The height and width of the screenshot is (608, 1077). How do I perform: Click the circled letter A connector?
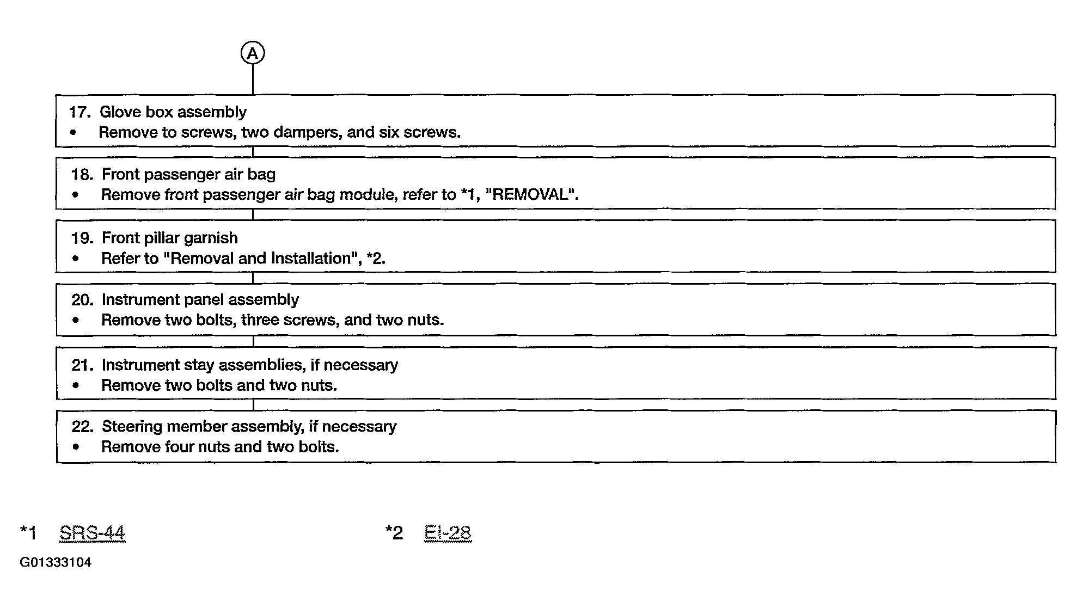click(x=253, y=53)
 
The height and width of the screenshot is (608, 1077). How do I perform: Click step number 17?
click(x=79, y=112)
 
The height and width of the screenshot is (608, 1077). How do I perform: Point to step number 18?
click(x=82, y=175)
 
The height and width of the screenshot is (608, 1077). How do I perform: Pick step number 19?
click(x=82, y=238)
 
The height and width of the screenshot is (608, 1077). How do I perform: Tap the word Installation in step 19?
click(x=311, y=258)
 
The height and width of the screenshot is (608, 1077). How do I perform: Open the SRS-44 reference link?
click(x=92, y=533)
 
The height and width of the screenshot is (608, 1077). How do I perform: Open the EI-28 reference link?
click(x=448, y=533)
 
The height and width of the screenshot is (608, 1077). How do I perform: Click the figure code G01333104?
click(x=56, y=562)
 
